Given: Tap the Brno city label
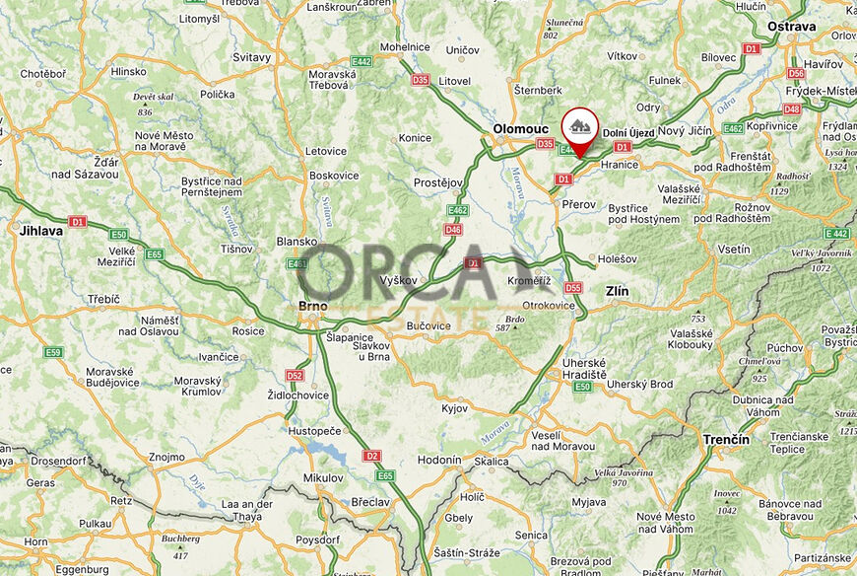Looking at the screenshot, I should (312, 306).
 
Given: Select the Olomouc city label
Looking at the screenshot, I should (520, 128).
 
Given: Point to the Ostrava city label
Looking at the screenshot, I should (792, 26).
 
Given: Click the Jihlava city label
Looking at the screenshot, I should (40, 231).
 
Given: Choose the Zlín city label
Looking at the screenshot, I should (616, 291).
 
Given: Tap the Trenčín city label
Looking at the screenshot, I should (726, 439).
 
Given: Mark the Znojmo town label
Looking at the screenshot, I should (165, 457).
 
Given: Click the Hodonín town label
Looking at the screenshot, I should (439, 460).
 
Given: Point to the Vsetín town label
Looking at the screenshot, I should (734, 251).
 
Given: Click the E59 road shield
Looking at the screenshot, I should (53, 352).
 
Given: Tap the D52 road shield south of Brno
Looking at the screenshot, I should (295, 375).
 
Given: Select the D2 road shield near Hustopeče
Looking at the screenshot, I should (371, 456).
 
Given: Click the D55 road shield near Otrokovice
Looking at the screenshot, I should (573, 288).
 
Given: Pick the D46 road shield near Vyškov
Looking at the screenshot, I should (453, 230).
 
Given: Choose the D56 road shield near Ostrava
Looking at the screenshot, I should (796, 73).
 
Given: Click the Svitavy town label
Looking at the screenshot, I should (251, 57).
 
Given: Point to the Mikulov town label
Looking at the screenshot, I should (323, 477).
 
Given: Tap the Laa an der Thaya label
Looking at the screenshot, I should (246, 510).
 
